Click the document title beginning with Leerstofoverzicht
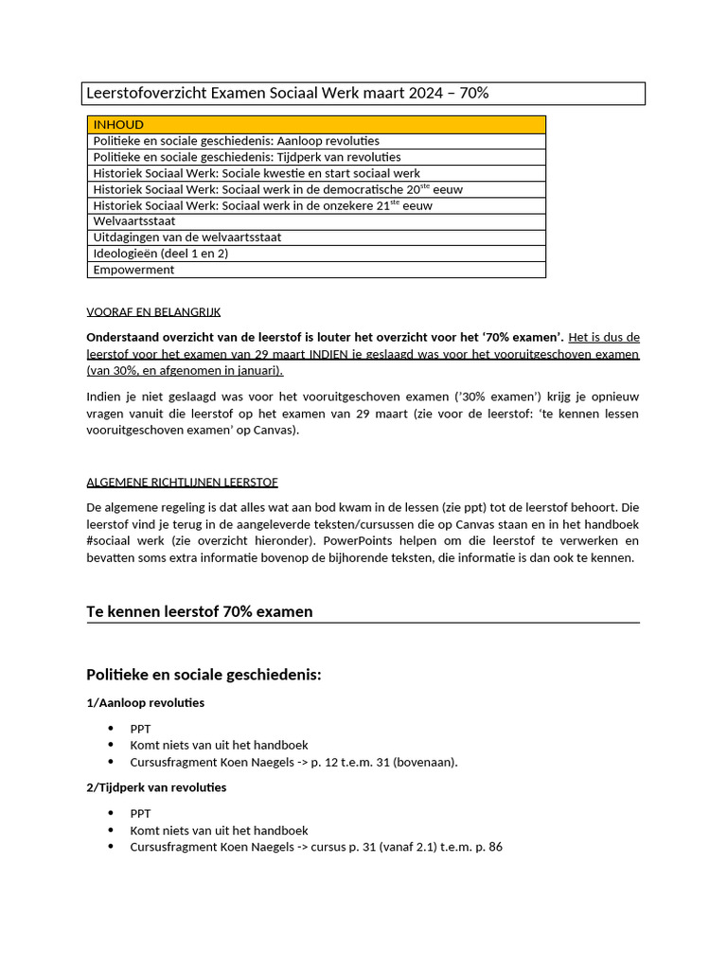[x=287, y=93]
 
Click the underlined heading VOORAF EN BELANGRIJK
[x=153, y=311]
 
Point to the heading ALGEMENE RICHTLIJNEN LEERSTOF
[x=182, y=482]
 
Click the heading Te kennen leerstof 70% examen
[x=199, y=611]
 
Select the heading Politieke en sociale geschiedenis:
[x=204, y=675]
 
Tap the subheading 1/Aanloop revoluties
[x=145, y=703]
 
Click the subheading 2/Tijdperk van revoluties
[x=156, y=787]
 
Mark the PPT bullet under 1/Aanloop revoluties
[x=140, y=729]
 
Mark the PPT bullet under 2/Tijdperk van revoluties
[x=140, y=814]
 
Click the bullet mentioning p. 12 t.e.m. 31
[x=293, y=762]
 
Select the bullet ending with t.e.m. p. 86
[x=315, y=847]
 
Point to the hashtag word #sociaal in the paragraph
[x=110, y=540]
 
